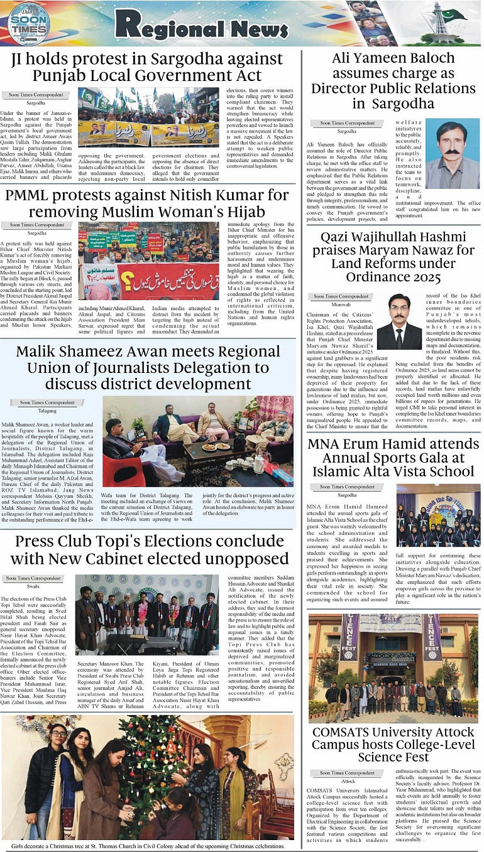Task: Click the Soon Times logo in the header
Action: coord(26,23)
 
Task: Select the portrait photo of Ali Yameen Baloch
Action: coord(452,155)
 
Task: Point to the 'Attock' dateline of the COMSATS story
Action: coord(348,781)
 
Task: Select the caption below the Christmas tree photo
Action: coord(148,846)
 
